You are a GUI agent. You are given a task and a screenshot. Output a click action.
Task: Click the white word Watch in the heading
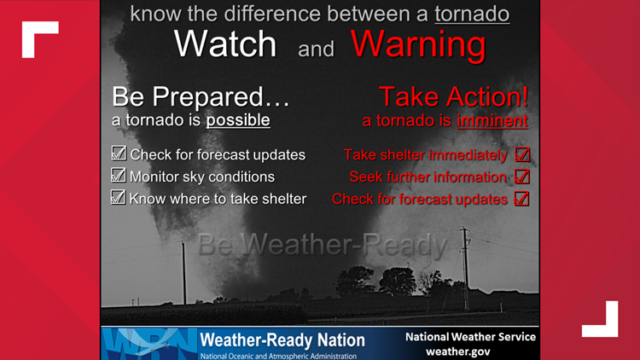coord(226,45)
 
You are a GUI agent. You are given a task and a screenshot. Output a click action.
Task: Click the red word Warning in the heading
coord(418,45)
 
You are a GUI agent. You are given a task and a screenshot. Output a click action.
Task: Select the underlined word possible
coord(237,120)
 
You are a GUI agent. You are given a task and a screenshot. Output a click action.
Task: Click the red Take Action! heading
coord(452,96)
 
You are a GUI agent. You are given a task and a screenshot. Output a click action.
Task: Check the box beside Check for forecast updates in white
coord(119,154)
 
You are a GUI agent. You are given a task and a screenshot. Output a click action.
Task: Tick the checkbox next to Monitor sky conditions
coord(119,177)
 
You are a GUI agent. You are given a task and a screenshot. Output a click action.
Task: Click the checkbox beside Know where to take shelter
coord(119,199)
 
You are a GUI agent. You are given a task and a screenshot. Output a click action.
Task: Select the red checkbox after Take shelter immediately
coord(522,155)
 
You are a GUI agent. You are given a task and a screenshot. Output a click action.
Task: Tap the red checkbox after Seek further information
coord(522,177)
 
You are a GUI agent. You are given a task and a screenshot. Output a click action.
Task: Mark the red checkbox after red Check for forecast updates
coord(522,200)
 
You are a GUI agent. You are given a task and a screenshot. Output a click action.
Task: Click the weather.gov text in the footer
coord(469,351)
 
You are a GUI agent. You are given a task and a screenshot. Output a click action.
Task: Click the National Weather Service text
coord(470,336)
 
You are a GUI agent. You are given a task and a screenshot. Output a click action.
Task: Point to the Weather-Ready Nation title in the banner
coord(282,340)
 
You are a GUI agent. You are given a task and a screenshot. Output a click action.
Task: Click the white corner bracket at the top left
coord(39,39)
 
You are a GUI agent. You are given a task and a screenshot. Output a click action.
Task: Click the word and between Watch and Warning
coord(316,49)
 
